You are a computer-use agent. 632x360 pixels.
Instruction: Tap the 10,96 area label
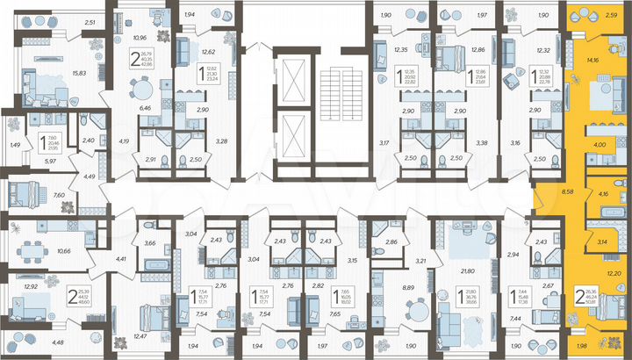pyautogui.click(x=139, y=38)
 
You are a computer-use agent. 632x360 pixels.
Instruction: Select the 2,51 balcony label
pyautogui.click(x=89, y=23)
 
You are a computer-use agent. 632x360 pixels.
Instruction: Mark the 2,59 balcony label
pyautogui.click(x=611, y=16)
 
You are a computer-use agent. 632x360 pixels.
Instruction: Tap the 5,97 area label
pyautogui.click(x=26, y=161)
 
